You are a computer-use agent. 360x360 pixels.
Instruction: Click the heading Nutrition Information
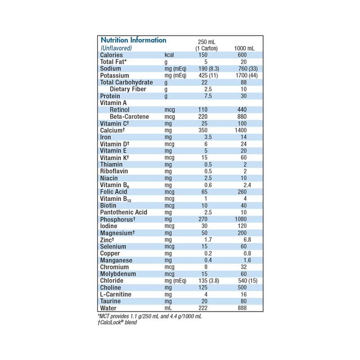(133, 40)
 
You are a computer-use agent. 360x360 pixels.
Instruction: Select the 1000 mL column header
(244, 48)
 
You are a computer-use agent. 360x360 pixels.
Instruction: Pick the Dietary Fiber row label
(130, 89)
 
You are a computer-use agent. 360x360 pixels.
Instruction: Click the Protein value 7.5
(206, 96)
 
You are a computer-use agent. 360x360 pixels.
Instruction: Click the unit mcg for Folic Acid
(170, 192)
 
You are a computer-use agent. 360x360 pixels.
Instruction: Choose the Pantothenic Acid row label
(124, 212)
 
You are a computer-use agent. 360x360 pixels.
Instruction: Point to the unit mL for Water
(169, 308)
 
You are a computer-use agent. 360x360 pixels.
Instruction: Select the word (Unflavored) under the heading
(116, 48)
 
